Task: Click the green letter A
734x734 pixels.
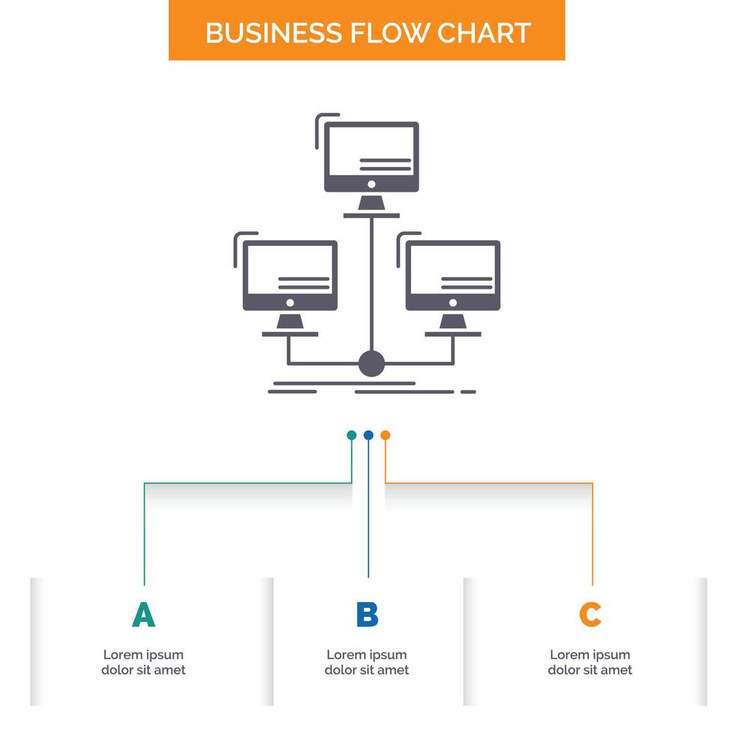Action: click(x=143, y=614)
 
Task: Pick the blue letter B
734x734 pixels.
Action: click(x=367, y=614)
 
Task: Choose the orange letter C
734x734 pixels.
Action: click(x=590, y=614)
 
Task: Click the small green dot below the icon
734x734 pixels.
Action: click(x=351, y=434)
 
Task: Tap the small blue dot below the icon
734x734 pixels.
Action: click(x=368, y=434)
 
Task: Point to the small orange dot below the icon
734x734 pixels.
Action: click(x=385, y=434)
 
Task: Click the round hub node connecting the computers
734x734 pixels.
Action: click(x=371, y=363)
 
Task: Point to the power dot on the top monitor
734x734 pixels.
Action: click(x=371, y=184)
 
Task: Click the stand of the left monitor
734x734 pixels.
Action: click(x=290, y=322)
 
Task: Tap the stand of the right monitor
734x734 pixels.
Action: click(x=452, y=322)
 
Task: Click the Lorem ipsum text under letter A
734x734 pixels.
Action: click(x=143, y=662)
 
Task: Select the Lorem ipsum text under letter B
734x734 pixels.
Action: click(x=367, y=662)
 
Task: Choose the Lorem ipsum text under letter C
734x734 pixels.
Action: click(x=590, y=662)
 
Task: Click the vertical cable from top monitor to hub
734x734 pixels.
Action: click(x=371, y=285)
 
